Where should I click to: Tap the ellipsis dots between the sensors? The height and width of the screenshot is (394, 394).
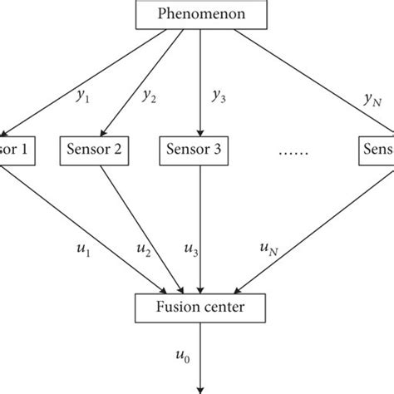[293, 150]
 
